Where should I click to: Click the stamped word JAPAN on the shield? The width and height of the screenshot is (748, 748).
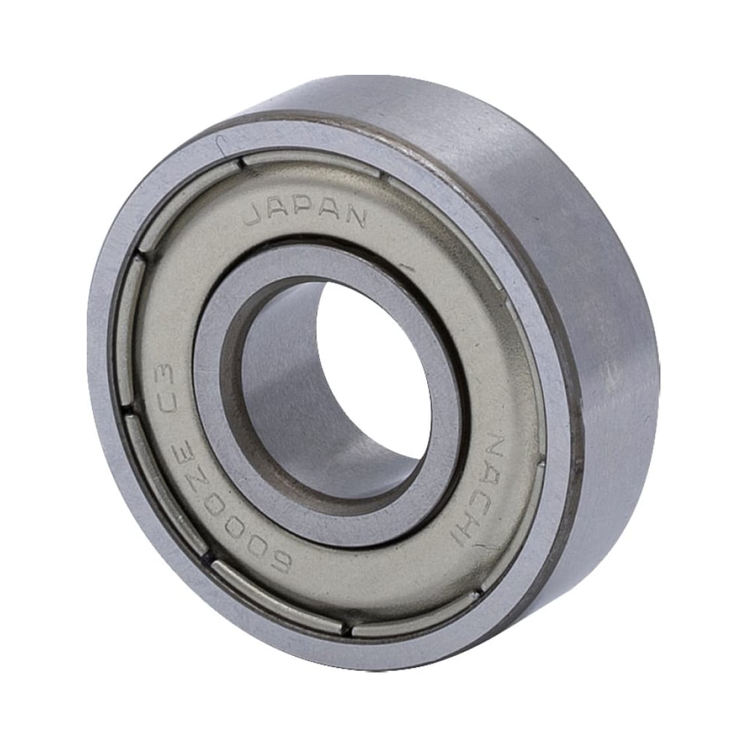(x=305, y=214)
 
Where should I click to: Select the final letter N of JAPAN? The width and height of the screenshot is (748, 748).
(x=355, y=218)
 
